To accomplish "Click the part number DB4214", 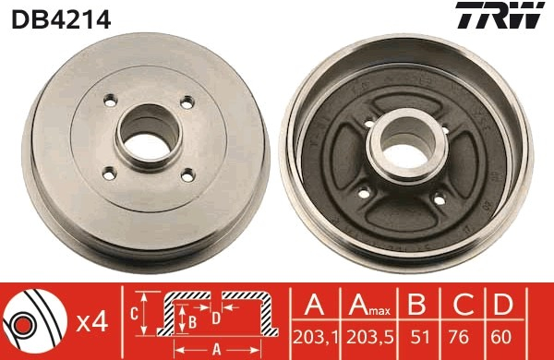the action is point(61,19).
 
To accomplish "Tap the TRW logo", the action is point(500,15).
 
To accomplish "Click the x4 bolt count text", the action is point(91,322).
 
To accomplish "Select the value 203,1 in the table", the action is point(315,338).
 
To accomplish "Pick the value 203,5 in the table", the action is point(370,338).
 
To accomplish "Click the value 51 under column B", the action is point(420,338).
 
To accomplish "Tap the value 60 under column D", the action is point(501,338).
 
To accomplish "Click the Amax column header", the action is point(369,305).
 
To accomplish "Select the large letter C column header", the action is point(464,304).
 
